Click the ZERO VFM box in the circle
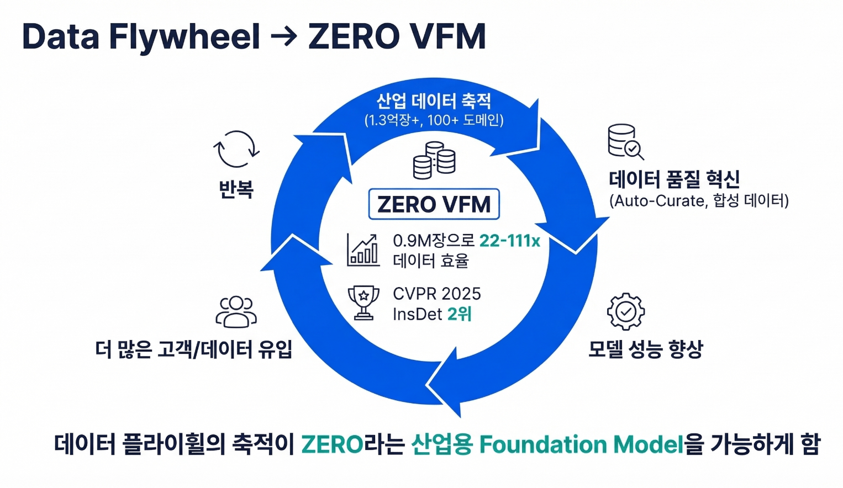point(434,204)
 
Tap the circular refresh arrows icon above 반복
point(236,148)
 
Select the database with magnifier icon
point(625,141)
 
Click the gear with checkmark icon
point(625,311)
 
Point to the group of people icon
point(236,312)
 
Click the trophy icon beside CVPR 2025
point(363,303)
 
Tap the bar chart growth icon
point(363,250)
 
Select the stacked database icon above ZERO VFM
point(434,161)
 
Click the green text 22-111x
point(509,241)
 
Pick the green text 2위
point(459,314)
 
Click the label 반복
point(236,189)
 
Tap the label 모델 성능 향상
point(645,349)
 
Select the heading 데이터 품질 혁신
point(674,179)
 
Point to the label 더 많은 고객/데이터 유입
point(193,349)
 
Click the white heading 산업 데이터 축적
point(434,100)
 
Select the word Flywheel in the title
point(184,37)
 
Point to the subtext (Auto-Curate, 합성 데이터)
point(699,200)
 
